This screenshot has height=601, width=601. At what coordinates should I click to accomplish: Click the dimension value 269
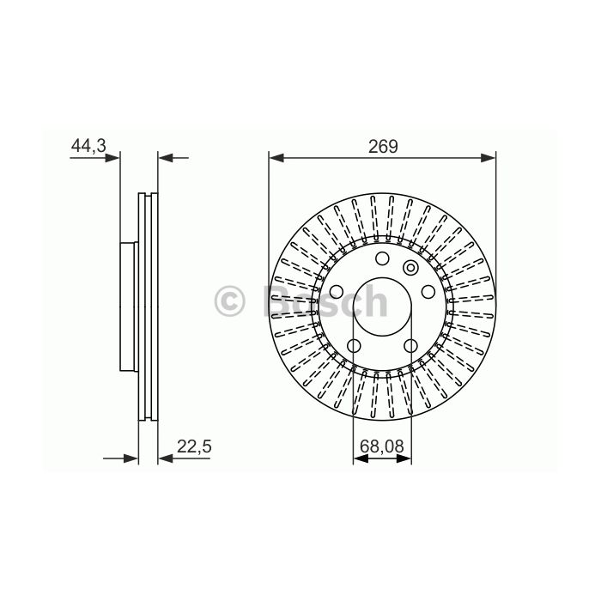[x=383, y=147]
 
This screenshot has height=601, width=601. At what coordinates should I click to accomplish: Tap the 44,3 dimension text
[x=88, y=146]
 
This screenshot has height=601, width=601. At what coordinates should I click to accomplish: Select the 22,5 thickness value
[x=194, y=446]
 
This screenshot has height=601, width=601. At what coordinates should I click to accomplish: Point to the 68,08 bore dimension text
[x=382, y=446]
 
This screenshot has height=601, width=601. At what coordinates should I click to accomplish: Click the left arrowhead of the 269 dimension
[x=276, y=157]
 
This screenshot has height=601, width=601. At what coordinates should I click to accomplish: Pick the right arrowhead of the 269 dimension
[x=488, y=157]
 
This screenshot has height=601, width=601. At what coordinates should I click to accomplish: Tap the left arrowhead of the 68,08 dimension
[x=361, y=458]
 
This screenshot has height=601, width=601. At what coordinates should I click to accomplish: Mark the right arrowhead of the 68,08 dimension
[x=404, y=458]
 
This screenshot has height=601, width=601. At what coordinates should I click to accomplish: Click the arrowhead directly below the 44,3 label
[x=112, y=157]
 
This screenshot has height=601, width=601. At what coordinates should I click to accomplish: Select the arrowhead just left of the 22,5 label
[x=166, y=458]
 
